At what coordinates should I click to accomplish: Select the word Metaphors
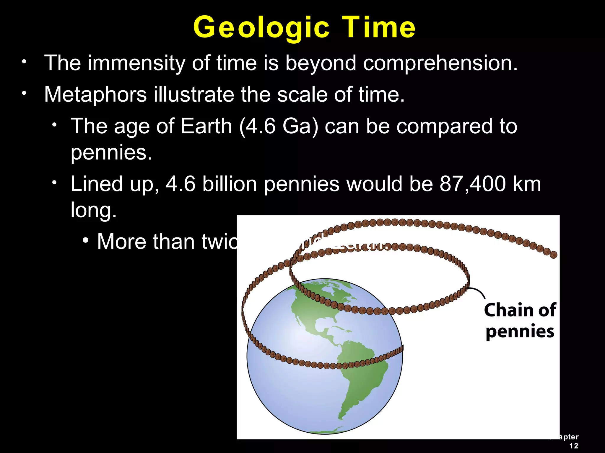(95, 94)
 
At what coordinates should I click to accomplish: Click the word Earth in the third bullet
(206, 126)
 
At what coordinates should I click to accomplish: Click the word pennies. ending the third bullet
(111, 153)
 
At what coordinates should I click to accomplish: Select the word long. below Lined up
(94, 210)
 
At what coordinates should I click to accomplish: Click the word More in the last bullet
(121, 242)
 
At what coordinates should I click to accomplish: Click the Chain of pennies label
(520, 321)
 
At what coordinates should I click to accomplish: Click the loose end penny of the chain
(554, 255)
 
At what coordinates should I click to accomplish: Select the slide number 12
(573, 446)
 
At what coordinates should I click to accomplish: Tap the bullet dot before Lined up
(54, 183)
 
